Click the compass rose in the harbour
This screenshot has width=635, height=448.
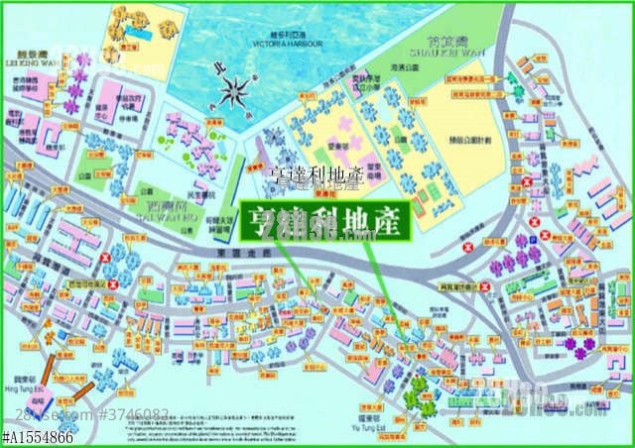tap(236, 93)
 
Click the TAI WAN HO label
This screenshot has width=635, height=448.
tap(183, 207)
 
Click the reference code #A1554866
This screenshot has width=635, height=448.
tap(37, 437)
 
